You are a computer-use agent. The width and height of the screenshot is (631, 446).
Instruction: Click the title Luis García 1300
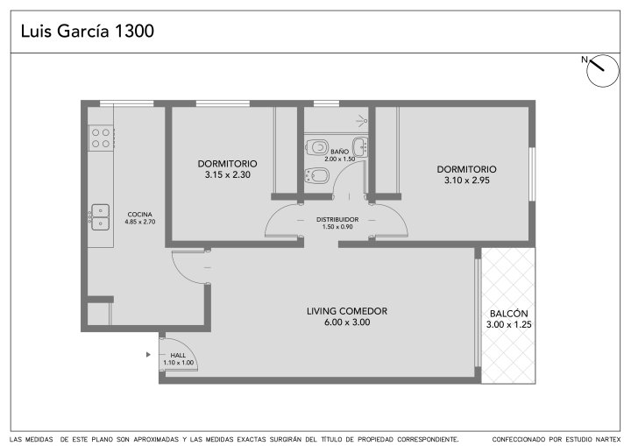pos(88,31)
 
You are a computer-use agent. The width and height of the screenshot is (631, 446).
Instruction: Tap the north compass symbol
pos(602,71)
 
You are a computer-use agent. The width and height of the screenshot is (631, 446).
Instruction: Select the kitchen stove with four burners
pos(101,138)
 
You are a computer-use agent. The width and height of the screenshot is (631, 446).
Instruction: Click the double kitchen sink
pos(100,217)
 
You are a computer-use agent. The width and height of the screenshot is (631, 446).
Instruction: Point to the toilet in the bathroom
pos(316,147)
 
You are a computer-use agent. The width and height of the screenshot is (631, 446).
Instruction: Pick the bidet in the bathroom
pos(317,176)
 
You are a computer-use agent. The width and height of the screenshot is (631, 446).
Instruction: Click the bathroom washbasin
pos(360,146)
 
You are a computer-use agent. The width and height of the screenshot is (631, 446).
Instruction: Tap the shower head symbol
pos(362,120)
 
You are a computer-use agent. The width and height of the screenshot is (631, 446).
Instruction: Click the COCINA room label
pos(139,215)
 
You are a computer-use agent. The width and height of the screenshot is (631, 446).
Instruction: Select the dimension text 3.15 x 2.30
pos(227,174)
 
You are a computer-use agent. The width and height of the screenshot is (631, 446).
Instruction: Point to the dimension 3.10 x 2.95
pos(467,181)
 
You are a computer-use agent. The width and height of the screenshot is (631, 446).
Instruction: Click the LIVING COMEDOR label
pos(347,311)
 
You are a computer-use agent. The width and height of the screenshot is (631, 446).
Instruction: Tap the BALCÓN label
pos(508,314)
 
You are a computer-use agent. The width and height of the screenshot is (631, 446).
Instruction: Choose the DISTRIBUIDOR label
pos(337,220)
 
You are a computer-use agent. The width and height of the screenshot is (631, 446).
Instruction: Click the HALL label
pos(178,356)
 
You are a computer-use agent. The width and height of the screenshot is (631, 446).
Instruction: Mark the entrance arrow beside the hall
pos(148,355)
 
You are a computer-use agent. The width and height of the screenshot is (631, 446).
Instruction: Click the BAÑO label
pos(340,152)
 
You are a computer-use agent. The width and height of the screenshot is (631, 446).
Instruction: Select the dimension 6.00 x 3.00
pos(347,322)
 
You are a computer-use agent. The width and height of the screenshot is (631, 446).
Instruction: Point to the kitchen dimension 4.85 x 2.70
pos(139,222)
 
